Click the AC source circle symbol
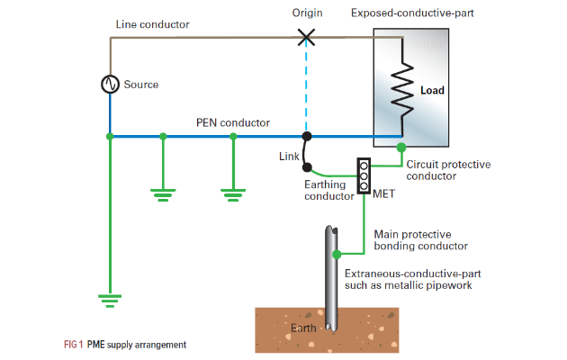[x=110, y=84]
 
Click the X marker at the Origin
[x=307, y=37]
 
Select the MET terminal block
[x=364, y=176]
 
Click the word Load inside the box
[x=433, y=90]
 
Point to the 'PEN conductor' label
[x=233, y=122]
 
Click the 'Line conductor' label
[x=153, y=24]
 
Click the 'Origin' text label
[x=307, y=13]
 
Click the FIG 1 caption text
[x=125, y=345]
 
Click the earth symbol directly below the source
[x=110, y=299]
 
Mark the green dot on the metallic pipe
[x=337, y=255]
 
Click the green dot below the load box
[x=401, y=147]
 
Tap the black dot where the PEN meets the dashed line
[x=307, y=137]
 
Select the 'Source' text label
[x=140, y=85]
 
